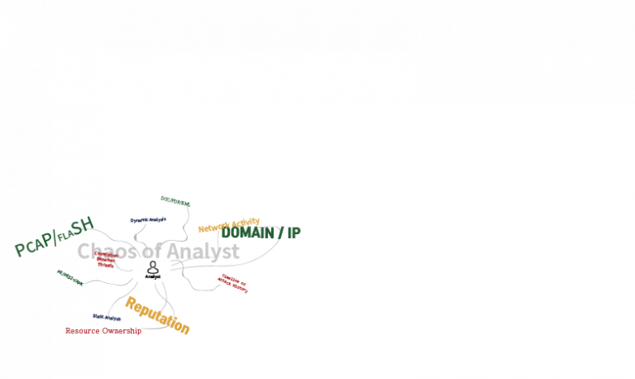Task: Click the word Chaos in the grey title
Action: click(107, 251)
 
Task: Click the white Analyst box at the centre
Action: click(153, 271)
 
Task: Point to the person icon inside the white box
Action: click(153, 267)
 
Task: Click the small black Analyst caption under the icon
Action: click(153, 277)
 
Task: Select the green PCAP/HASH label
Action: click(53, 237)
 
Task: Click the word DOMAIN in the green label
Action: click(248, 233)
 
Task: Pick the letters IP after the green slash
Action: click(294, 233)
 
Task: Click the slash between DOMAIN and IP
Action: click(280, 233)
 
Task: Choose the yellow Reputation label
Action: click(157, 315)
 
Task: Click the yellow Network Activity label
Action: click(228, 224)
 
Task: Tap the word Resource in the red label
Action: click(83, 331)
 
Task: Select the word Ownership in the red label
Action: click(122, 331)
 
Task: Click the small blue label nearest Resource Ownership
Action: click(107, 318)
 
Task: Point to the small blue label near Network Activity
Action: click(149, 220)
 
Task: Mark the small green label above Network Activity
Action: click(175, 201)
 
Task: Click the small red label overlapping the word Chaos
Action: click(105, 260)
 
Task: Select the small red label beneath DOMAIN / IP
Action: click(233, 283)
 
